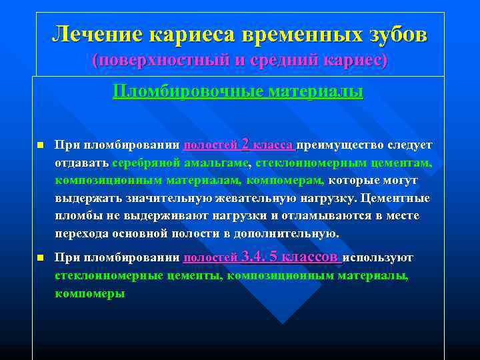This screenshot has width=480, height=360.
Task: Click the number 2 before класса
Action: (x=246, y=143)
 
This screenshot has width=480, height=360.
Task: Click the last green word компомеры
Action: (x=90, y=293)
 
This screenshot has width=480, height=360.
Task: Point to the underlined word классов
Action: (x=311, y=257)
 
